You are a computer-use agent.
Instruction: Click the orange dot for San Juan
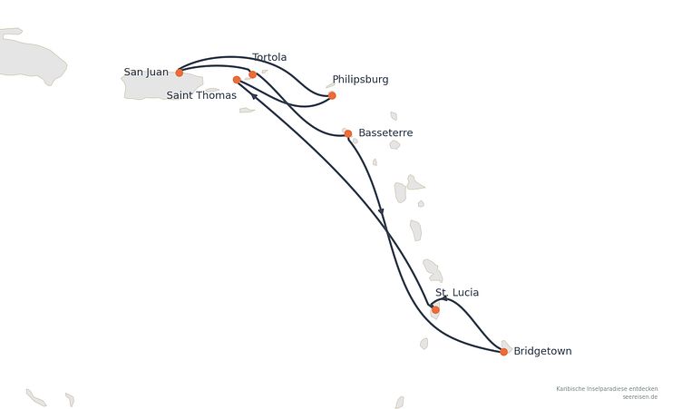click(180, 73)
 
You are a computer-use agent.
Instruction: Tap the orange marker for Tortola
click(253, 74)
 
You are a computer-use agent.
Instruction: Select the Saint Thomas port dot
click(237, 80)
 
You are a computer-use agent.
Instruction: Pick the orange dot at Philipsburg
click(332, 96)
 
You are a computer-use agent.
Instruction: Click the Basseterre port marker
click(348, 133)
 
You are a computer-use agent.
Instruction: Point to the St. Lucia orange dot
click(435, 310)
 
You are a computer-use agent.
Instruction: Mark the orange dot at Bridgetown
click(503, 352)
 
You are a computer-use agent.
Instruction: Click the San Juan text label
click(146, 73)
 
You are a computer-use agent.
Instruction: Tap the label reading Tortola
click(269, 57)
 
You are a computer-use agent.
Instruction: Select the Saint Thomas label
click(201, 95)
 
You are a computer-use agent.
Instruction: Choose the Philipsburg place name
click(361, 80)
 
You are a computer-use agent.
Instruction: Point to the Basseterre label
click(385, 132)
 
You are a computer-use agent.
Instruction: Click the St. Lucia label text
click(457, 292)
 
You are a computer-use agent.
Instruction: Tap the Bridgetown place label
click(543, 351)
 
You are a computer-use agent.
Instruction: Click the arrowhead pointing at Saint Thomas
click(255, 96)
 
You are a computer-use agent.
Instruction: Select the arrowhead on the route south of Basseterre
click(381, 211)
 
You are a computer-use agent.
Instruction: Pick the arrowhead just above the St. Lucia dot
click(444, 299)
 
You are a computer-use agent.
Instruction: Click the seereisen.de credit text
click(639, 397)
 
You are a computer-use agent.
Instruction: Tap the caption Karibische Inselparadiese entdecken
click(607, 388)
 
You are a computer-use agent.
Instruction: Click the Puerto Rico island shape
click(161, 86)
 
